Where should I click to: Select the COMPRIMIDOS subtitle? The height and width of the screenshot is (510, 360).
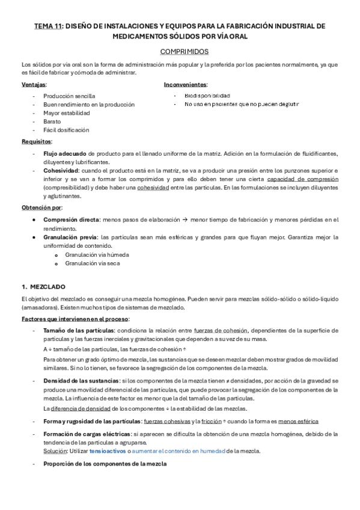tap(180, 52)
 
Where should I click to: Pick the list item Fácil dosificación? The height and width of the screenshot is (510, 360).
tap(66, 129)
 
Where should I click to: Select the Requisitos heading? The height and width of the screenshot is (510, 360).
tap(36, 141)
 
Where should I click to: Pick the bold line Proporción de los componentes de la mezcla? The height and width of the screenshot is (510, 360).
tap(105, 464)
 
